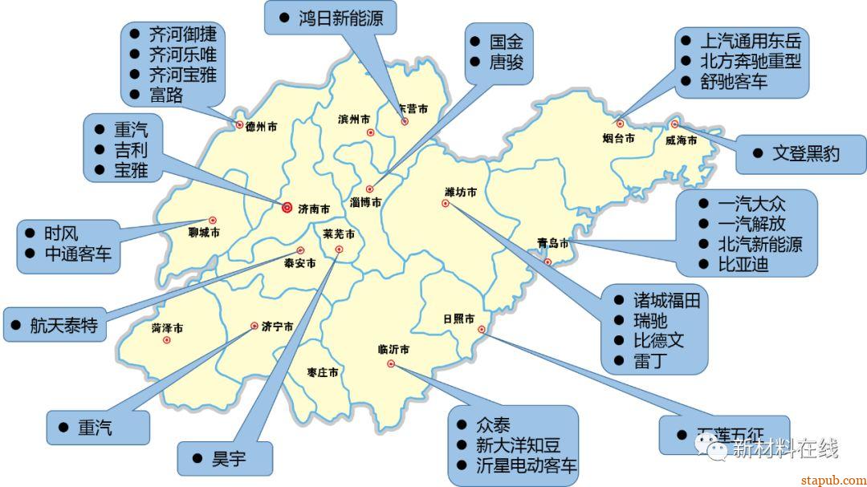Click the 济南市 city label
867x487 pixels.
click(314, 209)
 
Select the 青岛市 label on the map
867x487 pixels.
click(553, 242)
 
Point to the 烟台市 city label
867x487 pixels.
click(618, 138)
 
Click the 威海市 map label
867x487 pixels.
click(681, 140)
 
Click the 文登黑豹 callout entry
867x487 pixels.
click(805, 153)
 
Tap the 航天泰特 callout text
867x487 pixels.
click(63, 325)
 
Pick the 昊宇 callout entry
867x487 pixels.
click(229, 459)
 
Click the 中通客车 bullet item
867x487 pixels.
click(78, 254)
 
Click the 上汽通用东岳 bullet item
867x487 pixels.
click(750, 40)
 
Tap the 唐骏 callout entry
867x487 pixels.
click(507, 62)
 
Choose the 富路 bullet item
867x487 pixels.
click(166, 95)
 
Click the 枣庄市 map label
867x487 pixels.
click(322, 373)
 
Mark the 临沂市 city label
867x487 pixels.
click(393, 350)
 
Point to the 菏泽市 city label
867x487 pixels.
click(167, 328)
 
